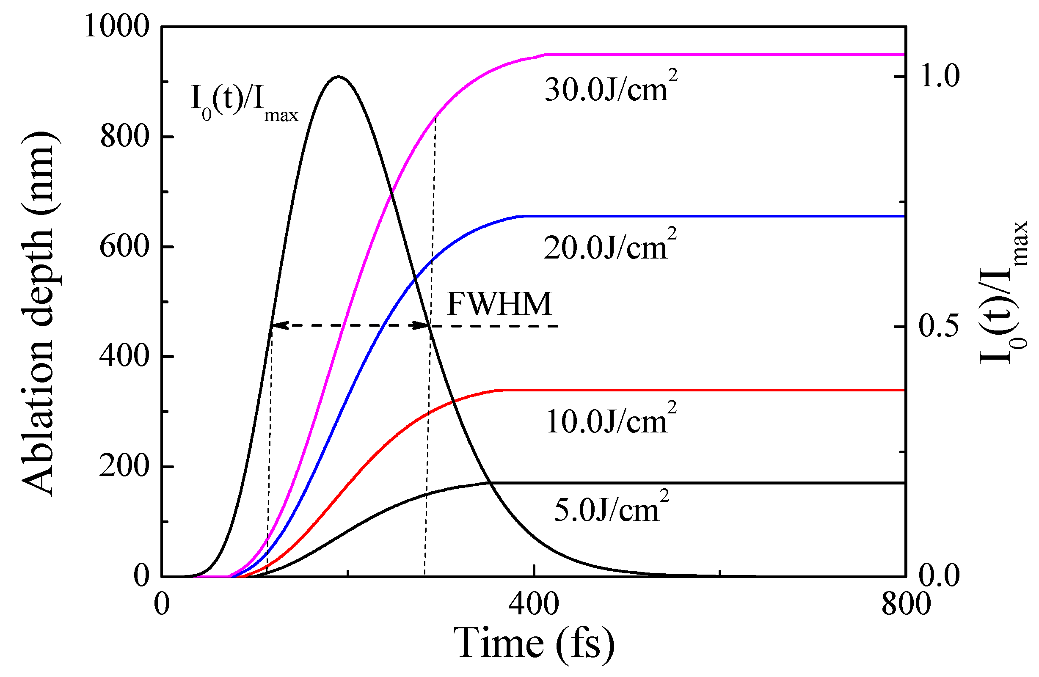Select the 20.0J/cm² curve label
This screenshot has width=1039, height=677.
click(x=609, y=247)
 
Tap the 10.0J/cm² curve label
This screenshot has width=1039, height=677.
click(x=610, y=420)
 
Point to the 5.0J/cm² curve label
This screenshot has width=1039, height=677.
click(x=611, y=509)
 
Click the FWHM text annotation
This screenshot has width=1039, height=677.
click(x=499, y=304)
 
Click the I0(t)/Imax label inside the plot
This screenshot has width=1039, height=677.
click(x=245, y=102)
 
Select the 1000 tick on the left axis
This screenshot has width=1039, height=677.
click(x=116, y=26)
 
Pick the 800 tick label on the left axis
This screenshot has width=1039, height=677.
click(x=124, y=136)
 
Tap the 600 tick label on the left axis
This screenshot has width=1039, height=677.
click(x=124, y=246)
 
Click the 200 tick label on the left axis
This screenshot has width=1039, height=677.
click(x=124, y=466)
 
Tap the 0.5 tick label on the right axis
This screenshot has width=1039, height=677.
click(x=940, y=326)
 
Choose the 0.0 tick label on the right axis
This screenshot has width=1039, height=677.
click(x=940, y=575)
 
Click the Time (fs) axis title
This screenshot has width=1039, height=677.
click(x=534, y=643)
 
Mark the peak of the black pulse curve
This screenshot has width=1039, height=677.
click(x=339, y=77)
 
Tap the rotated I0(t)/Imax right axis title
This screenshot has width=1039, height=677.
click(x=1003, y=292)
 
